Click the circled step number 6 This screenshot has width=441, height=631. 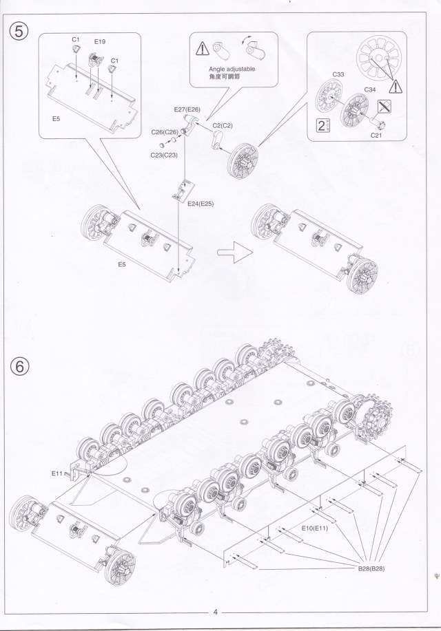(x=20, y=366)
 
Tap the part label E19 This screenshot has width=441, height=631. (x=99, y=43)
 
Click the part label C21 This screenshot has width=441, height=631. (x=376, y=136)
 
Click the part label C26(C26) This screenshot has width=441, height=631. (x=165, y=132)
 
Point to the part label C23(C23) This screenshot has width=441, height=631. (x=164, y=155)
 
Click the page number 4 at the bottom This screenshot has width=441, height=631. (x=216, y=612)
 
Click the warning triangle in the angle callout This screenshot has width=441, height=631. (x=202, y=49)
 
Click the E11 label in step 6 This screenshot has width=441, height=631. (x=57, y=473)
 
